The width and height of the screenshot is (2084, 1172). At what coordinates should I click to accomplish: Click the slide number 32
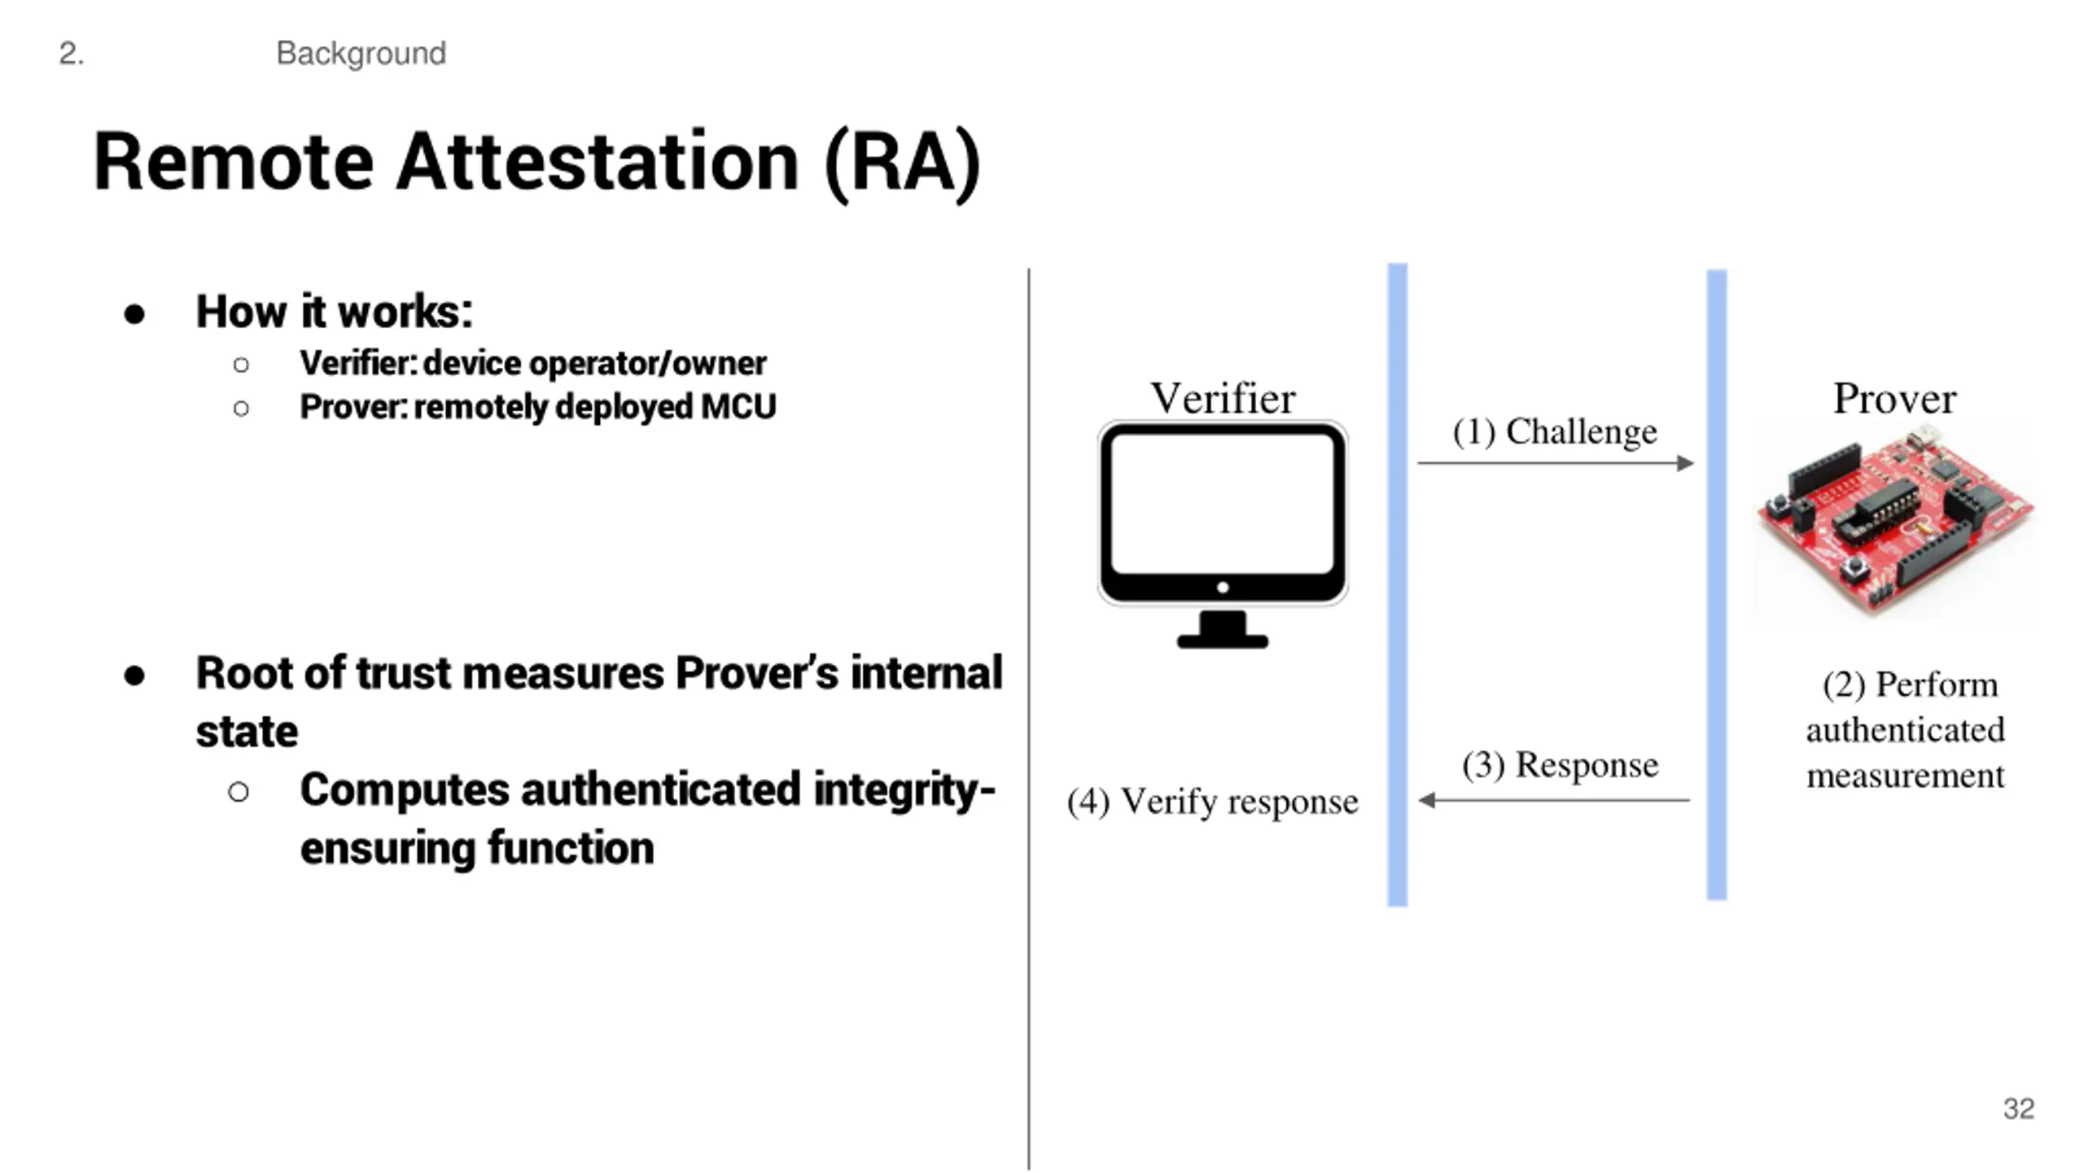point(2018,1109)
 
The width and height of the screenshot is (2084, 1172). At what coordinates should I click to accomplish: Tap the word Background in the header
point(361,54)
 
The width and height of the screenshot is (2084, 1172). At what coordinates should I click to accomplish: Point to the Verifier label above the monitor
point(1222,399)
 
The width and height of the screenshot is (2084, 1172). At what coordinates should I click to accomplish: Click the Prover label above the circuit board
point(1894,399)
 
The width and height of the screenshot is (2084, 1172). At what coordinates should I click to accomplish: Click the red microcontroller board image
point(1895,521)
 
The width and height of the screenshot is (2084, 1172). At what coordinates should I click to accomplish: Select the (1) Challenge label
point(1555,431)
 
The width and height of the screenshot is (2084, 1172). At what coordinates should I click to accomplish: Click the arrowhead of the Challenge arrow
point(1686,463)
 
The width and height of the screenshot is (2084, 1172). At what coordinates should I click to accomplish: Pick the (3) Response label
point(1560,765)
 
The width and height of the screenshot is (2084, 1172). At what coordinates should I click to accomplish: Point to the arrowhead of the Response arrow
point(1426,800)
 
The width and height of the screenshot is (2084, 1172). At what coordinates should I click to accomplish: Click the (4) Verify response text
point(1212,802)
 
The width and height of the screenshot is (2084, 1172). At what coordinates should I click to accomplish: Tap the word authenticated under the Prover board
point(1905,730)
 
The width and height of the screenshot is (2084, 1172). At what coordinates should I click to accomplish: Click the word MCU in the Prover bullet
point(738,407)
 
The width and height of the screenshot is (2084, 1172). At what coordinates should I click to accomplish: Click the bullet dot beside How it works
point(134,314)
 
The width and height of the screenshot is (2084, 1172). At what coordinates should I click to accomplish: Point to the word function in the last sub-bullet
point(571,848)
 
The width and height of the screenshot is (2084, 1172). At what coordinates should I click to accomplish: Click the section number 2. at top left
point(72,54)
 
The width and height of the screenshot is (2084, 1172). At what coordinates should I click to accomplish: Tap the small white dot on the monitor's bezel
point(1222,587)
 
